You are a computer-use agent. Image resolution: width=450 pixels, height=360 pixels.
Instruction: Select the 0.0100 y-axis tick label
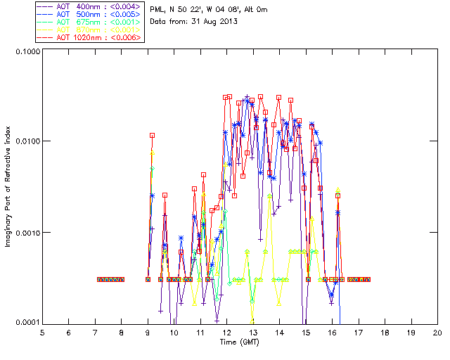point(25,142)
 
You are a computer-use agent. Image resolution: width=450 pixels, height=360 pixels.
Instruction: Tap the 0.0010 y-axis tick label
point(25,233)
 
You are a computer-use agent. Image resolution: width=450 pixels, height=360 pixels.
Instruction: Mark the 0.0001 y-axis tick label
point(25,323)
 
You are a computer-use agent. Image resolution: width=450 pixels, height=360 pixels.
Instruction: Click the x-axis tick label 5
point(42,332)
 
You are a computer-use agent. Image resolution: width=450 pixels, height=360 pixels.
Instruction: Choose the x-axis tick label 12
point(226,332)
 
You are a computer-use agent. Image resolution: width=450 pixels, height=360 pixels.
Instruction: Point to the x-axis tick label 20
point(437,332)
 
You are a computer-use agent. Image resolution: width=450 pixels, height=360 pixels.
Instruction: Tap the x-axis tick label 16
point(332,332)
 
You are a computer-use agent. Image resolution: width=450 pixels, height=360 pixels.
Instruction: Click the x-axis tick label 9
point(148,332)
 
